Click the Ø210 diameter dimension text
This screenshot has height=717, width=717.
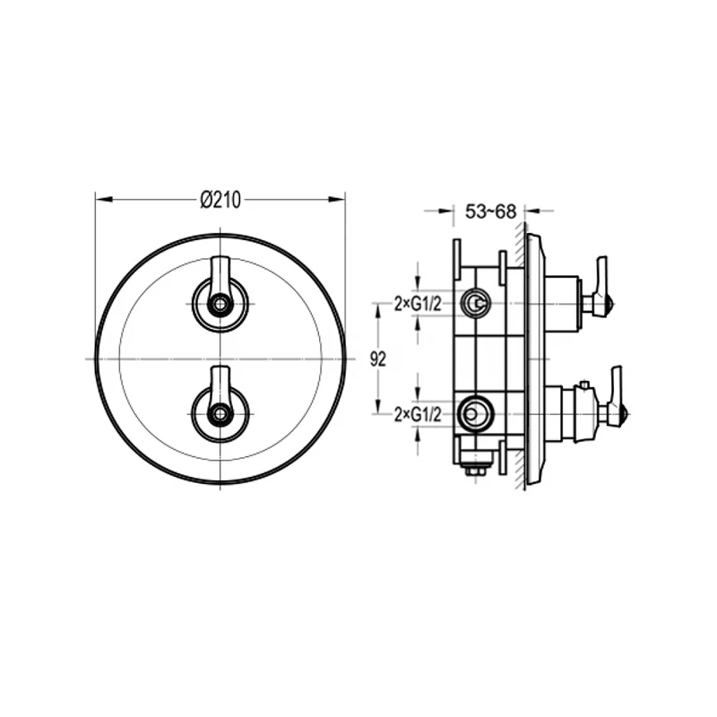[x=220, y=200]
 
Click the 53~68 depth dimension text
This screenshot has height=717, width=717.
[x=490, y=212]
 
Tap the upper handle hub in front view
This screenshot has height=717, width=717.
[x=220, y=305]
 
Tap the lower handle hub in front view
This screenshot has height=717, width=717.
[x=220, y=414]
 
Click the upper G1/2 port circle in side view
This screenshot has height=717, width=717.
[x=475, y=304]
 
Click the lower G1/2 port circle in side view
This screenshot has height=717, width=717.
[x=475, y=414]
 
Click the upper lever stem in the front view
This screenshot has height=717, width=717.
[x=220, y=272]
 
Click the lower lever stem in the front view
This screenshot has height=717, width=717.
[x=220, y=382]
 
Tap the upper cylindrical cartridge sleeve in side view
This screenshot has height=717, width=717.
[x=563, y=303]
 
